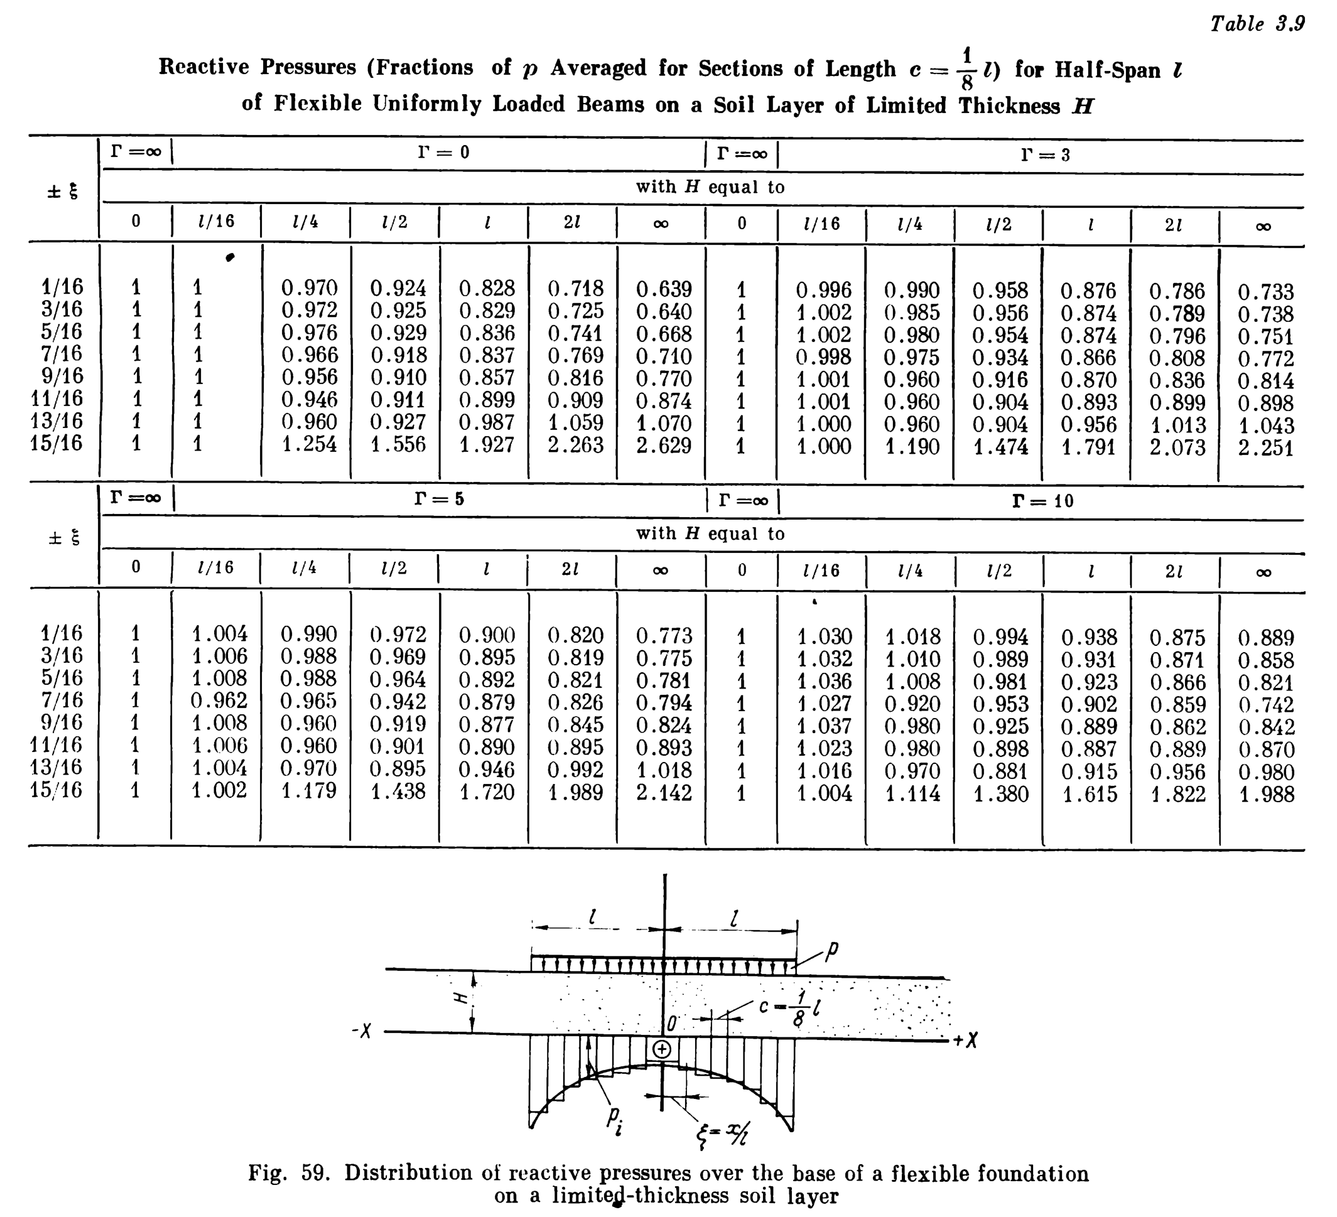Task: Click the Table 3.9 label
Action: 1257,24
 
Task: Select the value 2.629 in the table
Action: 664,446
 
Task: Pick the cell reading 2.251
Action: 1265,448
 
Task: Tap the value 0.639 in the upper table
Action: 664,289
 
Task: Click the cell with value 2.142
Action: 664,792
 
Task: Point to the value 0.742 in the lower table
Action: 1266,705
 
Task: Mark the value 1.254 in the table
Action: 309,444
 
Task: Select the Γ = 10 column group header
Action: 1042,501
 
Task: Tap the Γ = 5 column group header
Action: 439,498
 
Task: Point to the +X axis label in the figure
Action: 966,1041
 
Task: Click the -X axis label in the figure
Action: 362,1031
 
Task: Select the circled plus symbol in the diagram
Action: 662,1049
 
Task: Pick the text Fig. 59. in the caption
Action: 289,1172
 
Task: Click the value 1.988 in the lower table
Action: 1266,794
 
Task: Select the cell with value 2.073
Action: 1177,448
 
